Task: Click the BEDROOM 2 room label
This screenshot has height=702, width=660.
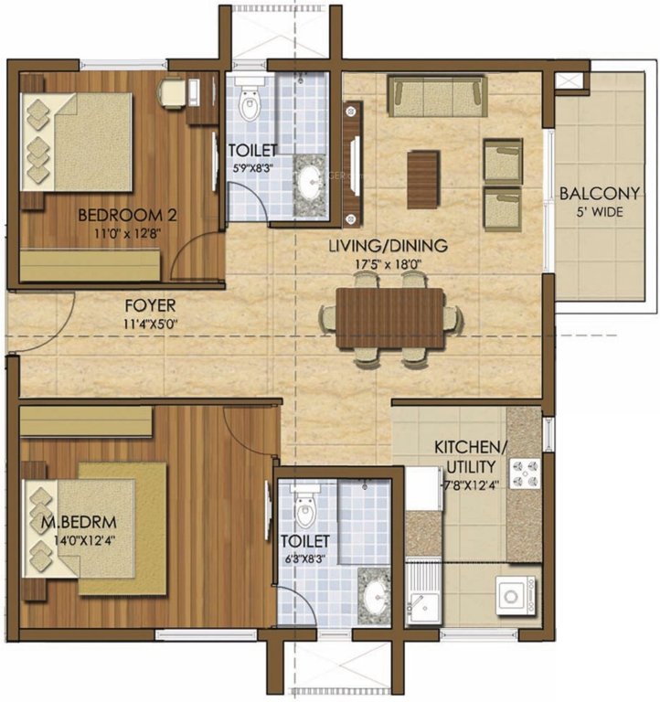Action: click(127, 216)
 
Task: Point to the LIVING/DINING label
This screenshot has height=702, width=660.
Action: click(389, 245)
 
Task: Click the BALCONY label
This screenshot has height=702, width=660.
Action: click(599, 194)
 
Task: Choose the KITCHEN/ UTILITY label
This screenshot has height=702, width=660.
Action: click(469, 456)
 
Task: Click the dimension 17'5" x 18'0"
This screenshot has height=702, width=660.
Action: click(389, 263)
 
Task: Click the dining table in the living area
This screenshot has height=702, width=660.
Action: click(389, 319)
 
